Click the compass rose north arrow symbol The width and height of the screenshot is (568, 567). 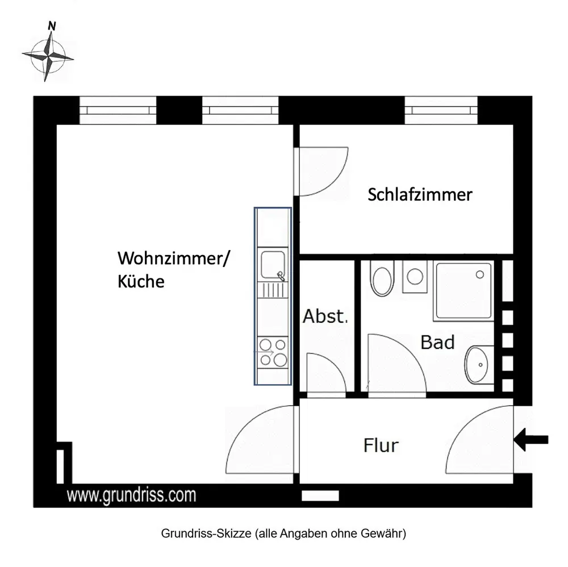[48, 57]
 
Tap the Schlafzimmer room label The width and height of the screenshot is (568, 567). [420, 194]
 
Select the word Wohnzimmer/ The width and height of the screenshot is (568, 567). [173, 259]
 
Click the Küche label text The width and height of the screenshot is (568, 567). [141, 281]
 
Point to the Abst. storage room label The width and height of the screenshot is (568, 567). [325, 316]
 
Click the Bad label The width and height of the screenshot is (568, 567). [437, 343]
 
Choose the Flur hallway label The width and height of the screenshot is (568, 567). [381, 445]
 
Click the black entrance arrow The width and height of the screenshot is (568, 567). [531, 440]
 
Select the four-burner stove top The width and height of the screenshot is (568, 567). [273, 352]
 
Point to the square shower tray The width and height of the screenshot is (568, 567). [463, 291]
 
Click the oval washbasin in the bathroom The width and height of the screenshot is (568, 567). [479, 365]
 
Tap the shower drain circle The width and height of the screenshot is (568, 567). [480, 274]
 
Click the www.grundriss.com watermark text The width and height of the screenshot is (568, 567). [132, 495]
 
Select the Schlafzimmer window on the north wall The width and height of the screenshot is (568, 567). [441, 110]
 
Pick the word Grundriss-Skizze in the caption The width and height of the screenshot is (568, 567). [206, 533]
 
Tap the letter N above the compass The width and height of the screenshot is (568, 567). [52, 26]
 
